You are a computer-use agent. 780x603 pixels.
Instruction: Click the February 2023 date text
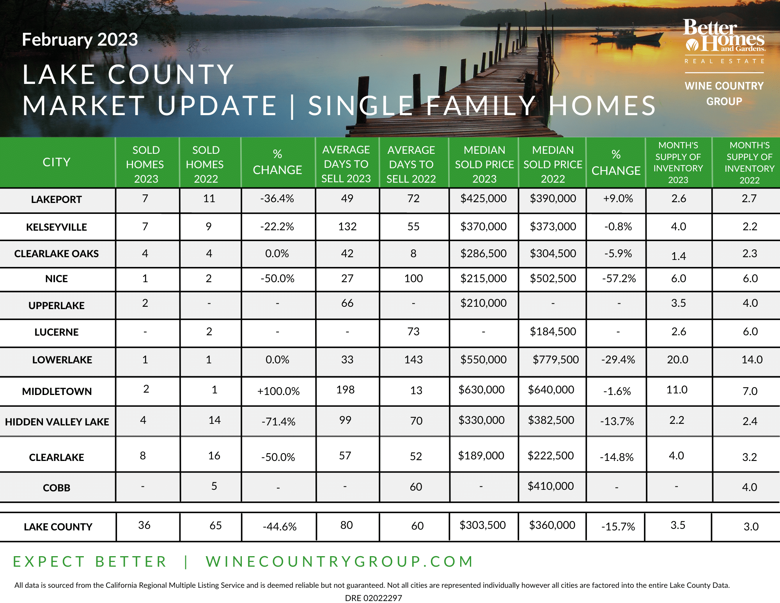pos(80,39)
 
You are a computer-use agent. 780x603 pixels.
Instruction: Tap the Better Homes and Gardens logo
pos(724,36)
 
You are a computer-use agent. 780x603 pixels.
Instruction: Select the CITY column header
pos(57,162)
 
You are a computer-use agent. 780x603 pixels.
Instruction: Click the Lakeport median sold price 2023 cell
pos(484,199)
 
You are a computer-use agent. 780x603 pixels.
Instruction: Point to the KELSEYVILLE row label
pos(57,227)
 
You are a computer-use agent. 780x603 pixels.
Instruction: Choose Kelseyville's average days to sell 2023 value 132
pos(347,226)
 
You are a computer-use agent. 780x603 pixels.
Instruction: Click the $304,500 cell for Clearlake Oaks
pos(553,253)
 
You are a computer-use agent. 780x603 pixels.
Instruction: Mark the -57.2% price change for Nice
pos(619,278)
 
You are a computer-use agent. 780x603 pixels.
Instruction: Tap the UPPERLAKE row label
pos(57,305)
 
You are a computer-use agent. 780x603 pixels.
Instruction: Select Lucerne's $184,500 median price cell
pos(553,331)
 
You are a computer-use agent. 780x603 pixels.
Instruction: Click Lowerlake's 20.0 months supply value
pos(678,359)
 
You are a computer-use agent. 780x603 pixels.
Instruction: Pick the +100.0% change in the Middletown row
pos(278,391)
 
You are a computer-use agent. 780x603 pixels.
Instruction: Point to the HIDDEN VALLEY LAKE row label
pos(57,422)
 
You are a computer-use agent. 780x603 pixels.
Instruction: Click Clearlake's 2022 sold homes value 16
pos(214,455)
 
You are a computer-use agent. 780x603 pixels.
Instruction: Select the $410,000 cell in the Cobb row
pos(551,486)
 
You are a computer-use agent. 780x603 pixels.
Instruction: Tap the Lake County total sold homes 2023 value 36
pos(144,525)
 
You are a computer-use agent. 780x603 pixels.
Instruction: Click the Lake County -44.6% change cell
pos(280,527)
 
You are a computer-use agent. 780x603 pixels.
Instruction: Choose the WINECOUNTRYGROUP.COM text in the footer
pos(339,561)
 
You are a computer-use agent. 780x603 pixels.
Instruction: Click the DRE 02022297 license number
pos(373,598)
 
